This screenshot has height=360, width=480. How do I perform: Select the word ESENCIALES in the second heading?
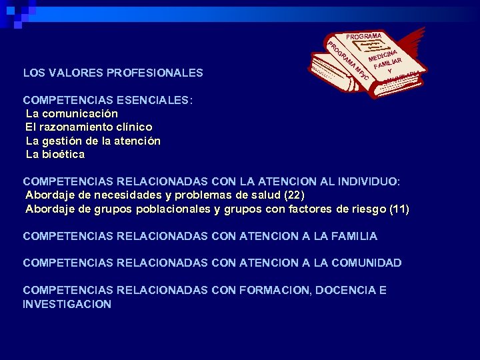click(157, 101)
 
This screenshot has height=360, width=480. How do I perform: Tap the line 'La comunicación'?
click(71, 113)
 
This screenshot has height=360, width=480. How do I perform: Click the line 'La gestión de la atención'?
click(93, 141)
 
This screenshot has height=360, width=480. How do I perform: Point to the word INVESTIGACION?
click(67, 304)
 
